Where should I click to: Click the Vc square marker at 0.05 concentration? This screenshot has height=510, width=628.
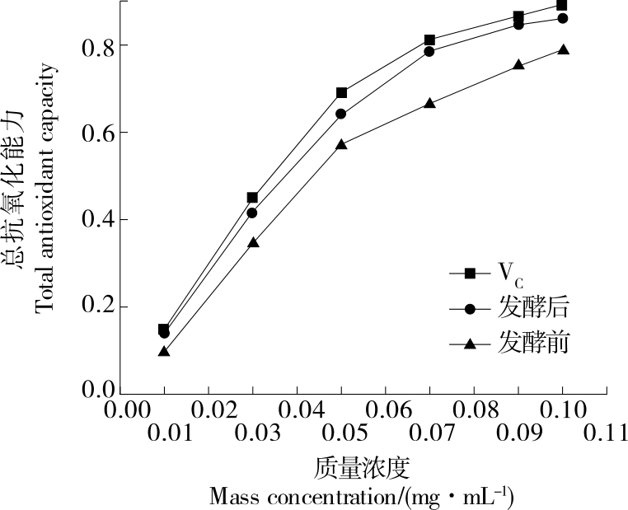pyautogui.click(x=342, y=93)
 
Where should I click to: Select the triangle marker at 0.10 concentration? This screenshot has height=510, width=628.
pyautogui.click(x=563, y=49)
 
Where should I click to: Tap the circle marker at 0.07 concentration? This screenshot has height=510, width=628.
pyautogui.click(x=429, y=51)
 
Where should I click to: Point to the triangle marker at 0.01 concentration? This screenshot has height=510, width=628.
pyautogui.click(x=164, y=351)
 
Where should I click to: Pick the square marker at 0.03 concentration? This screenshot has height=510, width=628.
pyautogui.click(x=252, y=198)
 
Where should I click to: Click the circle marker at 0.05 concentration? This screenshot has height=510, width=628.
pyautogui.click(x=341, y=114)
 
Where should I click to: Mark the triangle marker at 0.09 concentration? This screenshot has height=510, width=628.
pyautogui.click(x=518, y=64)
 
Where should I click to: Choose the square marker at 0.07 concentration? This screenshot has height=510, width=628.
pyautogui.click(x=429, y=40)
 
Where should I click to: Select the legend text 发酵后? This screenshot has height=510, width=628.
pyautogui.click(x=533, y=309)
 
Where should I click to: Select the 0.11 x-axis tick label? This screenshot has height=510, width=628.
pyautogui.click(x=607, y=433)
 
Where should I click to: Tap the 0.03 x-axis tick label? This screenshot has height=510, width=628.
pyautogui.click(x=251, y=433)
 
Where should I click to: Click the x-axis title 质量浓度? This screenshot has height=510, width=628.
pyautogui.click(x=363, y=468)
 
